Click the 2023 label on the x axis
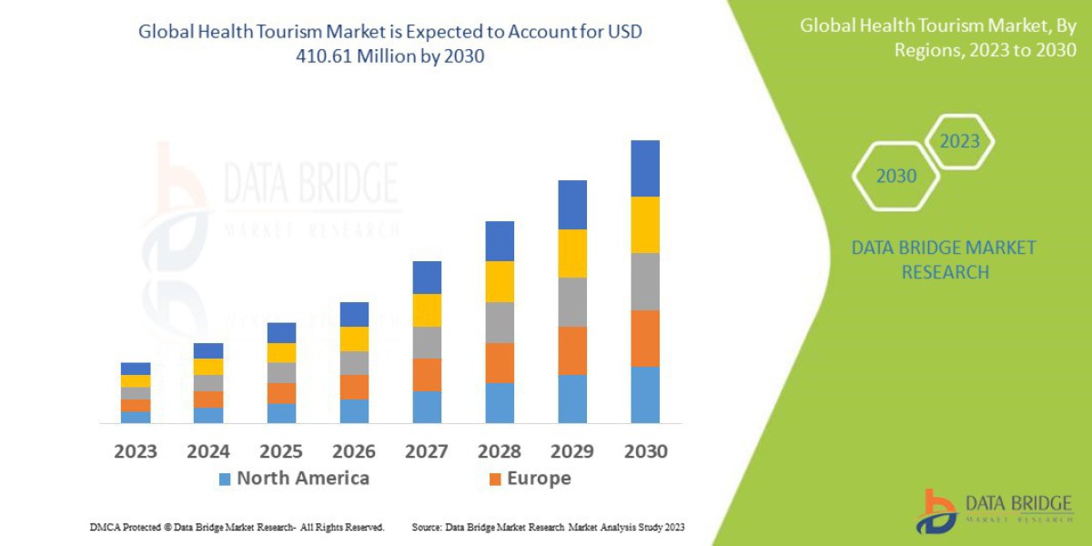[x=136, y=450]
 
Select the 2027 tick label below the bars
[x=427, y=450]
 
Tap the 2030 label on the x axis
[x=645, y=450]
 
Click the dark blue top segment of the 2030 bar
[x=645, y=168]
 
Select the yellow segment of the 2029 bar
[x=572, y=253]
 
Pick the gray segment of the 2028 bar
[x=500, y=322]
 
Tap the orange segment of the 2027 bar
[x=427, y=375]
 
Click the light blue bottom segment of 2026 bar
[x=354, y=411]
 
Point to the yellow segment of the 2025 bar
[x=281, y=353]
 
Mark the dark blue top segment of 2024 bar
[x=208, y=350]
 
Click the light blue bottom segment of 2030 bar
[x=645, y=395]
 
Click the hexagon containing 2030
[x=895, y=177]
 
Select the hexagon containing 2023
[x=959, y=142]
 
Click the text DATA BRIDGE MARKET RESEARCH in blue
[x=943, y=260]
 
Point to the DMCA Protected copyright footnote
[x=237, y=527]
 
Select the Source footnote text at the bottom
[x=548, y=527]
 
